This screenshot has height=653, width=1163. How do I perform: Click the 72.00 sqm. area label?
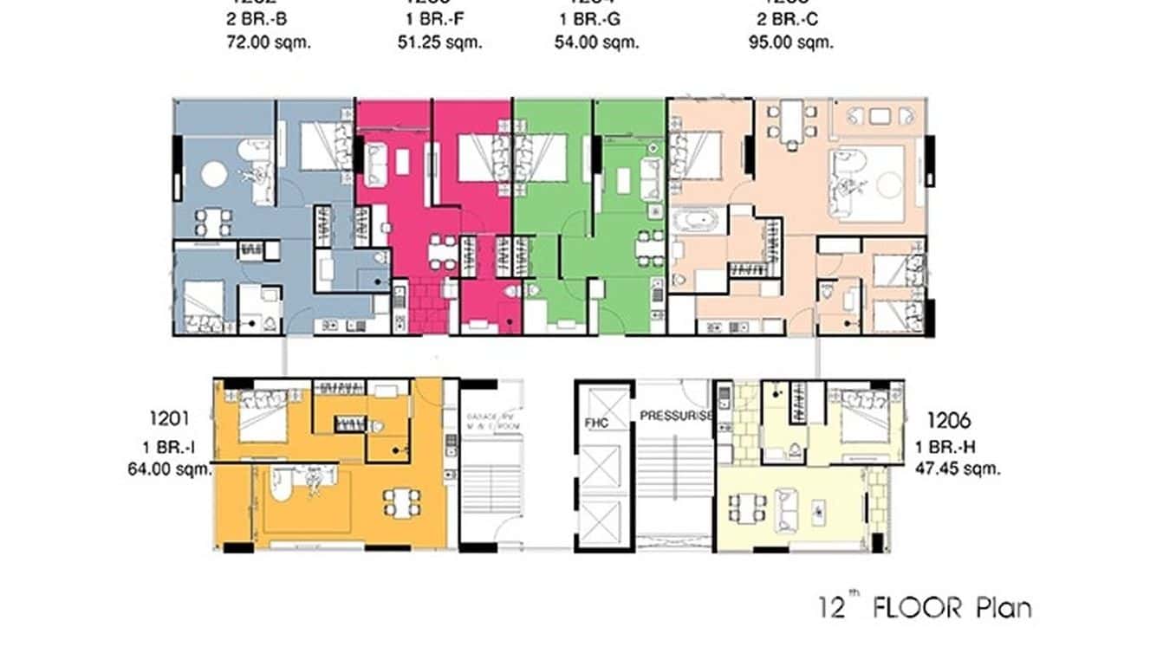click(267, 42)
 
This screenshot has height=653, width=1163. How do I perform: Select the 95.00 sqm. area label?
click(790, 42)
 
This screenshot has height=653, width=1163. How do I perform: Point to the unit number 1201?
click(169, 420)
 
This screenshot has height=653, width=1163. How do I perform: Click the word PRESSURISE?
click(676, 416)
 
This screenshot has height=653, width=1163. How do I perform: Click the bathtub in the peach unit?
click(697, 221)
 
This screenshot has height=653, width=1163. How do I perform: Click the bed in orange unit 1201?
click(260, 417)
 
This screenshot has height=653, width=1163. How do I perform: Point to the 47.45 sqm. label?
click(958, 469)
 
